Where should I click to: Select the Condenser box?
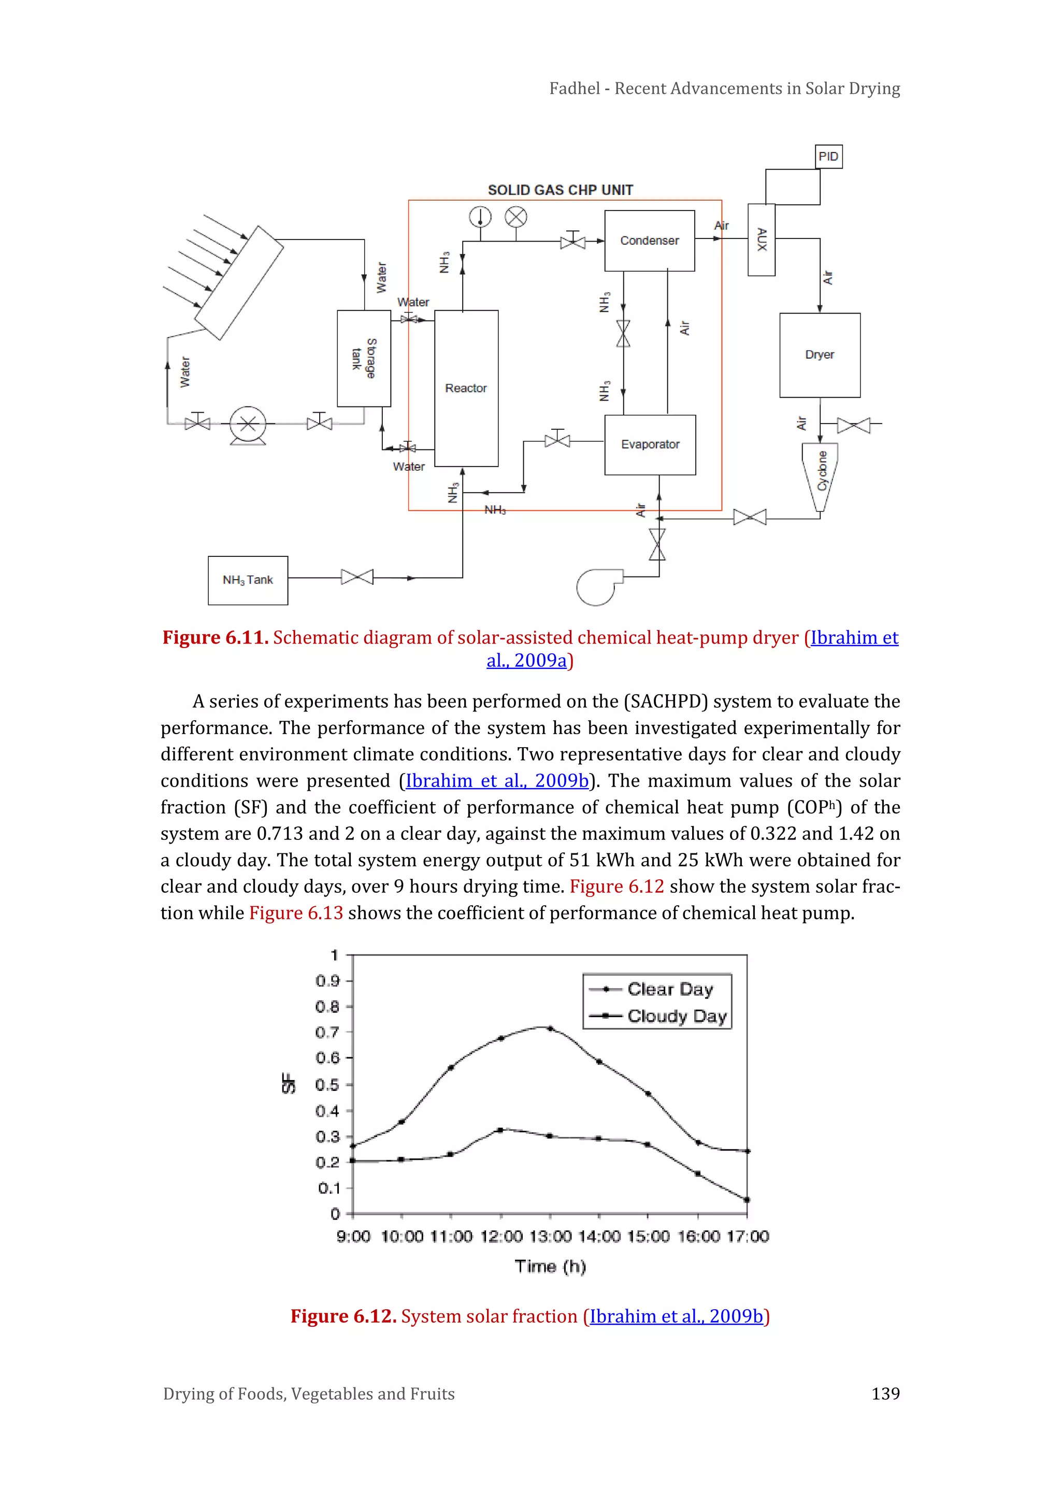coord(650,241)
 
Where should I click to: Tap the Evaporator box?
coord(650,444)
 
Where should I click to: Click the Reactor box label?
coord(466,388)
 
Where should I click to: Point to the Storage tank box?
coord(364,358)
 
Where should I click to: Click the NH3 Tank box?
coord(248,580)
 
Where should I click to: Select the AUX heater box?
coord(761,240)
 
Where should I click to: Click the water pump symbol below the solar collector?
coord(248,424)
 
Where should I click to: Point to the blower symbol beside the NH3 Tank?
coord(595,586)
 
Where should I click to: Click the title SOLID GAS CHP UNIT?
coord(560,190)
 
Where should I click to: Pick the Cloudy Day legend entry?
coord(676,1016)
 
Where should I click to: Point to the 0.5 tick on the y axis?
coord(327,1085)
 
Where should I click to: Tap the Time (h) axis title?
coord(550,1266)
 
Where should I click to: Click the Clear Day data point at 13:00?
coord(550,1028)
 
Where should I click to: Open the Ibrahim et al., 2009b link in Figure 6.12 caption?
coord(676,1316)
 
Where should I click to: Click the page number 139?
coord(885,1394)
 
